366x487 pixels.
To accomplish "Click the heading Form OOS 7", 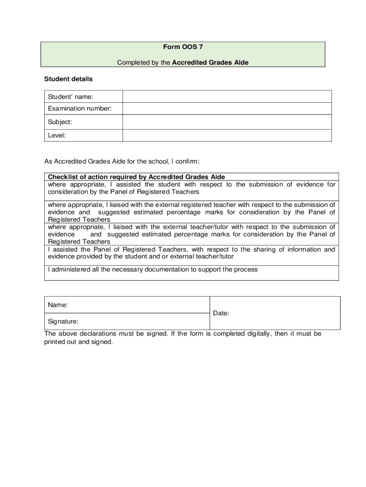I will [x=183, y=47].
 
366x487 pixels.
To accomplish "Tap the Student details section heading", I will [x=68, y=78].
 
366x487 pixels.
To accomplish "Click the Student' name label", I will [x=70, y=97].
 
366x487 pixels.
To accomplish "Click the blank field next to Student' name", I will [x=227, y=97].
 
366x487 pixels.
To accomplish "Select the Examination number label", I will [x=80, y=108].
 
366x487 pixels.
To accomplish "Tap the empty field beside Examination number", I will [x=227, y=109].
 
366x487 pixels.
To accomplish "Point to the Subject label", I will [x=60, y=122].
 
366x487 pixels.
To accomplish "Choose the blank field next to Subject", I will [x=227, y=122].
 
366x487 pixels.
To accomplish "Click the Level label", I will [x=57, y=135].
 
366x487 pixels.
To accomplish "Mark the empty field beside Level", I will [x=227, y=135].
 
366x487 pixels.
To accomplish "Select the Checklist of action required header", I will [x=136, y=177].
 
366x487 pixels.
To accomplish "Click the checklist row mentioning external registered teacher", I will [x=192, y=212].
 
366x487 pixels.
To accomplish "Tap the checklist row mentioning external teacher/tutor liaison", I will [x=192, y=234].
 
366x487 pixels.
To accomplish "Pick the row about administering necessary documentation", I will [x=153, y=270].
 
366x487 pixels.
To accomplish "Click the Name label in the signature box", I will [x=58, y=304].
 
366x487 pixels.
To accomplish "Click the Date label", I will [x=222, y=313].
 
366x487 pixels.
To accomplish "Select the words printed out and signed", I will [x=78, y=341].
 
